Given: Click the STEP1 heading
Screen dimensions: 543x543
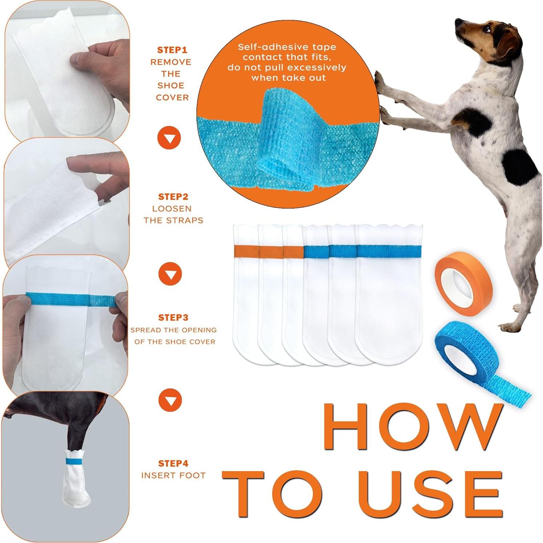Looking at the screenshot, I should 172,50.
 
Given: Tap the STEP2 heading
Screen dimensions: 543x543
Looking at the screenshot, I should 173,197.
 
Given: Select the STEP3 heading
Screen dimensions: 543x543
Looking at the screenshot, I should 173,318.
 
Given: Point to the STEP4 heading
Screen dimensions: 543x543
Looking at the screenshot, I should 173,464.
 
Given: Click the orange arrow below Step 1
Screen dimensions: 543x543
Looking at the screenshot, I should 169,138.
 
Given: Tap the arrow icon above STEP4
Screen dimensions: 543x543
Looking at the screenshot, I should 170,400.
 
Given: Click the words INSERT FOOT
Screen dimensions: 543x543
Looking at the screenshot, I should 173,475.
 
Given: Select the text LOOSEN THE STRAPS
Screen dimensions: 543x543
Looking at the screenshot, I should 173,215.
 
